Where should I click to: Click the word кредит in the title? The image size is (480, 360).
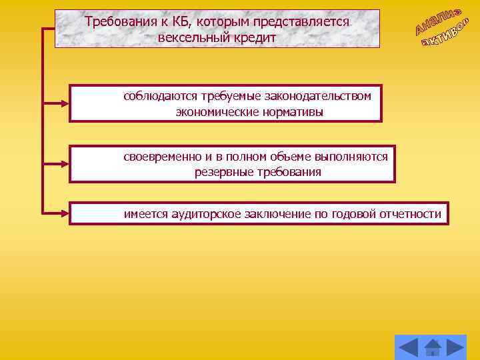tap(253, 37)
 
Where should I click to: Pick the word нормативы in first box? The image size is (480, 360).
tap(291, 112)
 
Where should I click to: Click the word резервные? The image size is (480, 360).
tap(221, 172)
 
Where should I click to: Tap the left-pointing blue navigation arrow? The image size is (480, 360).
tap(407, 347)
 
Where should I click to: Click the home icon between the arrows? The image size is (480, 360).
tap(433, 347)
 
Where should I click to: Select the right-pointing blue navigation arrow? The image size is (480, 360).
tap(456, 347)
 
